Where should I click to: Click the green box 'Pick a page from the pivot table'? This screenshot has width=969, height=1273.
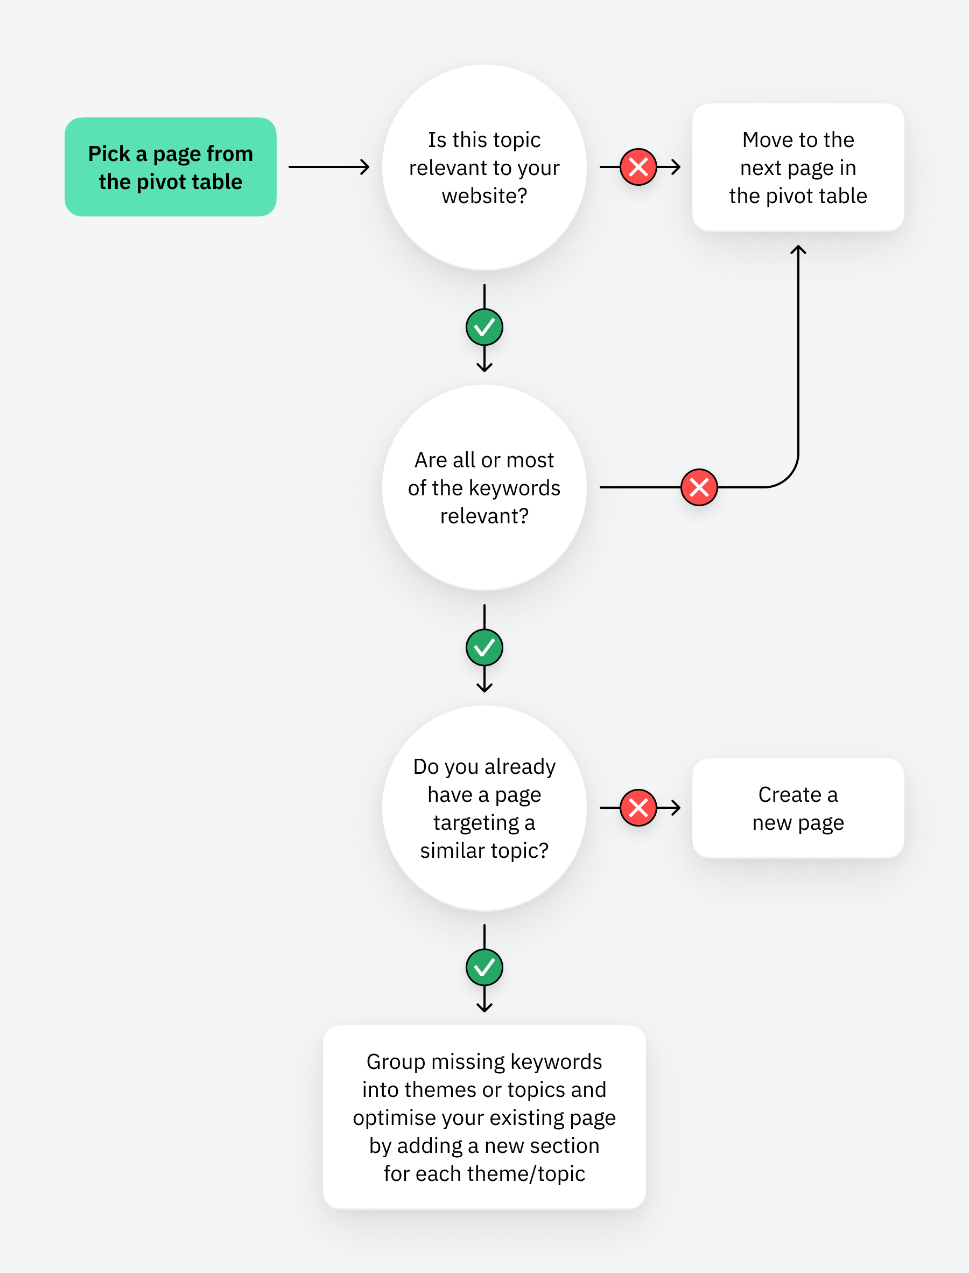[x=170, y=167]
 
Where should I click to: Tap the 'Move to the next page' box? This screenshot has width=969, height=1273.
[x=798, y=167]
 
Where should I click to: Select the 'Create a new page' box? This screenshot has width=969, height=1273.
[x=798, y=808]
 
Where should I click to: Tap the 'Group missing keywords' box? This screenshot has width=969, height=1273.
[x=484, y=1117]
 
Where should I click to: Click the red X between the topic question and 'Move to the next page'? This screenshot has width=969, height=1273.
[x=638, y=167]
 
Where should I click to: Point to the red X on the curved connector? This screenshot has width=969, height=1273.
[x=699, y=487]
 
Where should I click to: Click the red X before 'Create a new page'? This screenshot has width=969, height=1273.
[x=638, y=808]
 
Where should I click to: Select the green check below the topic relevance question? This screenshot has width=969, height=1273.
[x=484, y=327]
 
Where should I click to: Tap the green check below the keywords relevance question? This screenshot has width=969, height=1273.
[x=484, y=647]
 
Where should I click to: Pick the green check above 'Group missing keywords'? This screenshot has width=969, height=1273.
[x=484, y=967]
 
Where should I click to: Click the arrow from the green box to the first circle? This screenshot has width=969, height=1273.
[x=329, y=167]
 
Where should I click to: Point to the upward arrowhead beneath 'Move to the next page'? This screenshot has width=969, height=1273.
[x=798, y=250]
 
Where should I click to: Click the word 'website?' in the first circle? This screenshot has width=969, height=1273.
[x=484, y=196]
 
